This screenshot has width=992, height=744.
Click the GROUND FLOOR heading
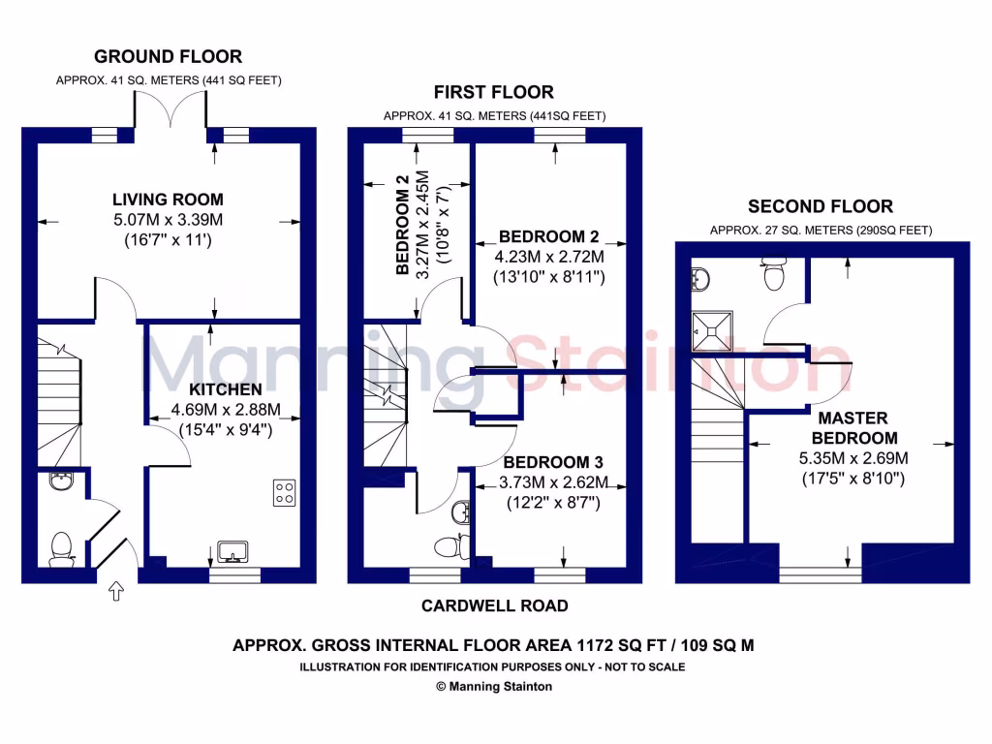[168, 57]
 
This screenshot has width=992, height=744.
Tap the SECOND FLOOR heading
[821, 206]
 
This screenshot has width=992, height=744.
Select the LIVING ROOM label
[168, 200]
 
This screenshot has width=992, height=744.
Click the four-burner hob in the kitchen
[285, 492]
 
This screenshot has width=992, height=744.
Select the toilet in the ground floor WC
[61, 548]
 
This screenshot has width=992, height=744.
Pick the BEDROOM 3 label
[546, 462]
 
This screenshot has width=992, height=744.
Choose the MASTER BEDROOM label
[852, 428]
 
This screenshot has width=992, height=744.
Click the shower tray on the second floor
[712, 330]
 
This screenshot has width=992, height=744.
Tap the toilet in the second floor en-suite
[774, 275]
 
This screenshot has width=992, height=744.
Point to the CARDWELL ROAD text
[494, 606]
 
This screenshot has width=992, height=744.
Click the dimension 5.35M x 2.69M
[852, 458]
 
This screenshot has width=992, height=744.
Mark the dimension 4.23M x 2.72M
[551, 257]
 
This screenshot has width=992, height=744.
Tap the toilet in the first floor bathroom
[449, 547]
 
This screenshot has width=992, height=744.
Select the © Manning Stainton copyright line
[494, 686]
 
